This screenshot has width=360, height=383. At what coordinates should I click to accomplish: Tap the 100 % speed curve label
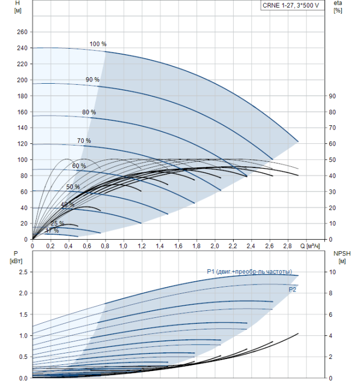(98, 44)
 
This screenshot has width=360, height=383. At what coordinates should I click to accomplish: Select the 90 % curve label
(92, 80)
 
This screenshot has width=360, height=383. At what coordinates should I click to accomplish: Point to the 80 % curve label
(89, 112)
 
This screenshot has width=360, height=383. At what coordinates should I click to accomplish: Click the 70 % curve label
(84, 141)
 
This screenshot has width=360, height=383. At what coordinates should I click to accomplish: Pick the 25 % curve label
(57, 223)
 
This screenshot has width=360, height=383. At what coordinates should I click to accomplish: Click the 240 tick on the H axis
(22, 48)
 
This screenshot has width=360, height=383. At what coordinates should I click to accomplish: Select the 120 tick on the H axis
(22, 144)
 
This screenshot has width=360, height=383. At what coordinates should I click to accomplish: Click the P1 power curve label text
(249, 272)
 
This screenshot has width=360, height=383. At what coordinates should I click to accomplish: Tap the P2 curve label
(293, 289)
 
